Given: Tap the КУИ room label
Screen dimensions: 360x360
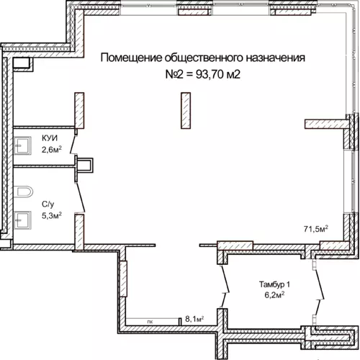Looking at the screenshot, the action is tap(50, 138).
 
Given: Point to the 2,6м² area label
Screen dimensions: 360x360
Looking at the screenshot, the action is tap(52, 150).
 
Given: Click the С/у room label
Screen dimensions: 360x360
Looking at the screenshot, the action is tap(48, 204).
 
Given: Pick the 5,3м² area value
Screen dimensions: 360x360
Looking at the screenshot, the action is tap(52, 215).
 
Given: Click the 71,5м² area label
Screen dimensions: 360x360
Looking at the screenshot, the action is tap(316, 228).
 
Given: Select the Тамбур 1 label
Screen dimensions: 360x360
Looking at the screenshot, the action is tap(274, 284).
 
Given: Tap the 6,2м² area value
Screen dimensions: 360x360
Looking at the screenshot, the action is tap(274, 294).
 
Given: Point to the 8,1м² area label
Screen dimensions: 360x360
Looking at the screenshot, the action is tap(194, 319).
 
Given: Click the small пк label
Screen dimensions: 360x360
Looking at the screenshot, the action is tap(150, 322).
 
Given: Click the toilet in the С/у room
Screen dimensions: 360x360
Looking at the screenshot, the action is tap(23, 192).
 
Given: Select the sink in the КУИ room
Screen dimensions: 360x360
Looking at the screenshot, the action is tap(22, 145).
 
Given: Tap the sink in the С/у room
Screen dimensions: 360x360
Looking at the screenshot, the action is tap(22, 220).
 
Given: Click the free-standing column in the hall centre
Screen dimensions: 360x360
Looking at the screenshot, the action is tap(186, 111).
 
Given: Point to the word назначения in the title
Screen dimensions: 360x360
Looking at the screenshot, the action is tap(275, 58).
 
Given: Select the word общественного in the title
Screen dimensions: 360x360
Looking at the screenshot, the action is tap(204, 58).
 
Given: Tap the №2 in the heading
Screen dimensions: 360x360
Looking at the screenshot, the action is tap(174, 75).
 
